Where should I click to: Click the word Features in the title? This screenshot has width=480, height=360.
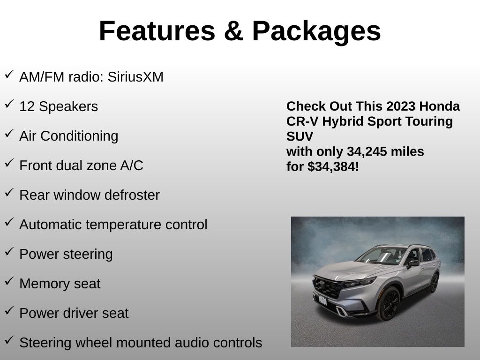click(x=157, y=31)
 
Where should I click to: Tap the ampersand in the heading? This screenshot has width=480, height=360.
click(x=233, y=31)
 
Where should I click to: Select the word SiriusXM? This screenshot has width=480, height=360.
click(x=135, y=76)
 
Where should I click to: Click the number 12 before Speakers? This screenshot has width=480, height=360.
click(x=27, y=106)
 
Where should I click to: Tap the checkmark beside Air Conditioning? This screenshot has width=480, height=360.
click(x=9, y=134)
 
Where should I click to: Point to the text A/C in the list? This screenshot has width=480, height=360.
click(x=132, y=165)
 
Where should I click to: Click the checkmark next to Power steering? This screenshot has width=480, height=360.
click(x=9, y=252)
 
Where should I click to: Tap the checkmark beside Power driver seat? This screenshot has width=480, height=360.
click(x=9, y=311)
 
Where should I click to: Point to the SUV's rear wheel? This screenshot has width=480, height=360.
click(x=434, y=283)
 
